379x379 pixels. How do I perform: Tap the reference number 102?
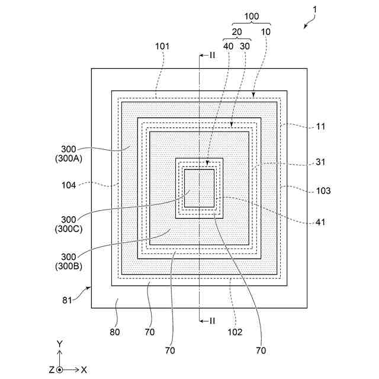[x=235, y=332]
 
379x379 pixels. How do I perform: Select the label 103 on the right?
[x=323, y=191]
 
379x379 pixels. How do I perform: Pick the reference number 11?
[x=321, y=127]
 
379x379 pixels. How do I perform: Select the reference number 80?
[x=114, y=332]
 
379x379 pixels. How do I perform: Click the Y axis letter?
[x=60, y=343]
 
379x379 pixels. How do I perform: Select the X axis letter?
[x=84, y=369]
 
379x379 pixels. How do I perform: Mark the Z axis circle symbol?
[x=60, y=369]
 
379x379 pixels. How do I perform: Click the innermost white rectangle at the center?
[x=200, y=188]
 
